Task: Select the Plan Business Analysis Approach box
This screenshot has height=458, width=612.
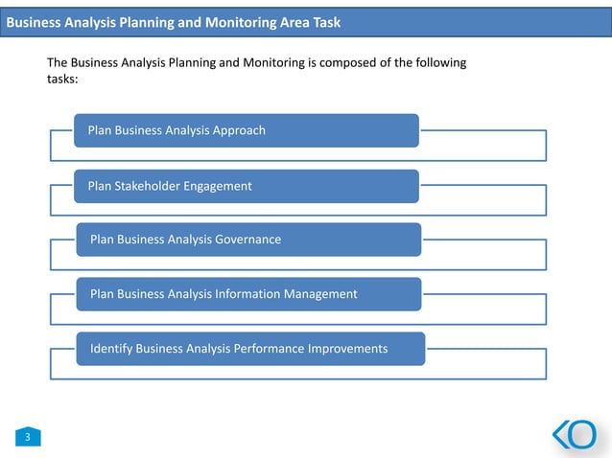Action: (x=247, y=130)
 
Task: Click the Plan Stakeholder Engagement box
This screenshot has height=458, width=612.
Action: (x=247, y=186)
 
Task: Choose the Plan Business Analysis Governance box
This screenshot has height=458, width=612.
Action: (x=248, y=240)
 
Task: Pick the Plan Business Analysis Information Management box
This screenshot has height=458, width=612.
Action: (x=248, y=294)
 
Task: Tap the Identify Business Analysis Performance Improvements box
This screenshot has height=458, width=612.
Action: (x=250, y=349)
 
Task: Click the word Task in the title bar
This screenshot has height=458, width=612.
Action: (x=322, y=22)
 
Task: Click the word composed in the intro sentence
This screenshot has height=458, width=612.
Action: (x=341, y=63)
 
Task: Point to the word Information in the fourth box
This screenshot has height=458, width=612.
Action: (x=247, y=294)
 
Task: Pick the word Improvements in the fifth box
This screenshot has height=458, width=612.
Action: (x=348, y=349)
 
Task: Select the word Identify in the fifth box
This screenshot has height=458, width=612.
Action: (x=111, y=349)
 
